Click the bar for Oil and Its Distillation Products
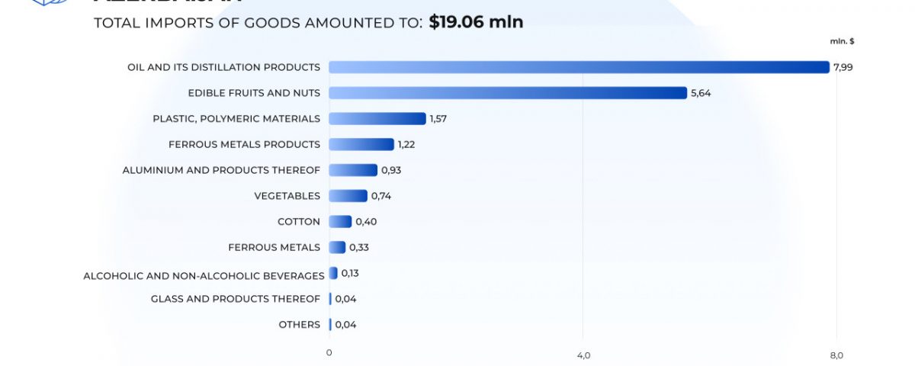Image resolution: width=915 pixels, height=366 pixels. coord(579,67)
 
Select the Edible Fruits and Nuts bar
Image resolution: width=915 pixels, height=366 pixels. coord(508,93)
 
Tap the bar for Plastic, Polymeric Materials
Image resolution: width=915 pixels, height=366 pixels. coord(377,119)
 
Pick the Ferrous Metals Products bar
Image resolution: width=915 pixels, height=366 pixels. coord(361,144)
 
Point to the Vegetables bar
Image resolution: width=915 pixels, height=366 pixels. coord(348,196)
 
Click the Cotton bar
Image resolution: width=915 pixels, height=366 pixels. coord(340,222)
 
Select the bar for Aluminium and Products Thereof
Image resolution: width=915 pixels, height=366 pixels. coord(353,170)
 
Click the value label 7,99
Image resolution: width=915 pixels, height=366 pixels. coord(843,67)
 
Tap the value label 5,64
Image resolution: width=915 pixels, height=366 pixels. coord(701,93)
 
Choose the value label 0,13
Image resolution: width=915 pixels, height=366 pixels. coord(350,273)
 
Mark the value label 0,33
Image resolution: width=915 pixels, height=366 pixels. coord(359,247)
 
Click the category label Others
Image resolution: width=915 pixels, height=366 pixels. coord(300,325)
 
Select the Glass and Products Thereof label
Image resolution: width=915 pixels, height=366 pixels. coord(236,299)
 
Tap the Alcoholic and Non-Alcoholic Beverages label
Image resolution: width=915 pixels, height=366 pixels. coord(204,275)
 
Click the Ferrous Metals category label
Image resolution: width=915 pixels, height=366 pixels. coord(274,247)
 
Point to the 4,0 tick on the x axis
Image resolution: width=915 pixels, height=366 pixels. coord(583,355)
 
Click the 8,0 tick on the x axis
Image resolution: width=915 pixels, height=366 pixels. coord(836,355)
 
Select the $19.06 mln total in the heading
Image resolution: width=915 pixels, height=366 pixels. coord(476,22)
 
